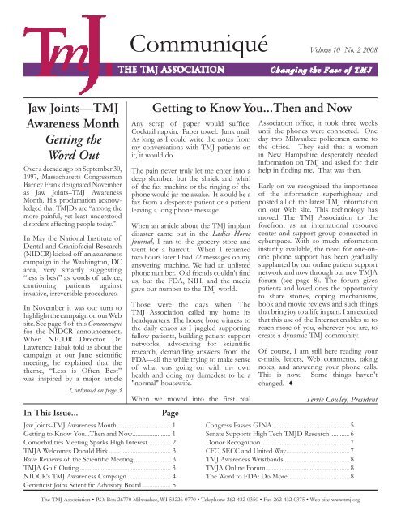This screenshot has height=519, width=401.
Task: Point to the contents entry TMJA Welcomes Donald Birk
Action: click(x=72, y=446)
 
